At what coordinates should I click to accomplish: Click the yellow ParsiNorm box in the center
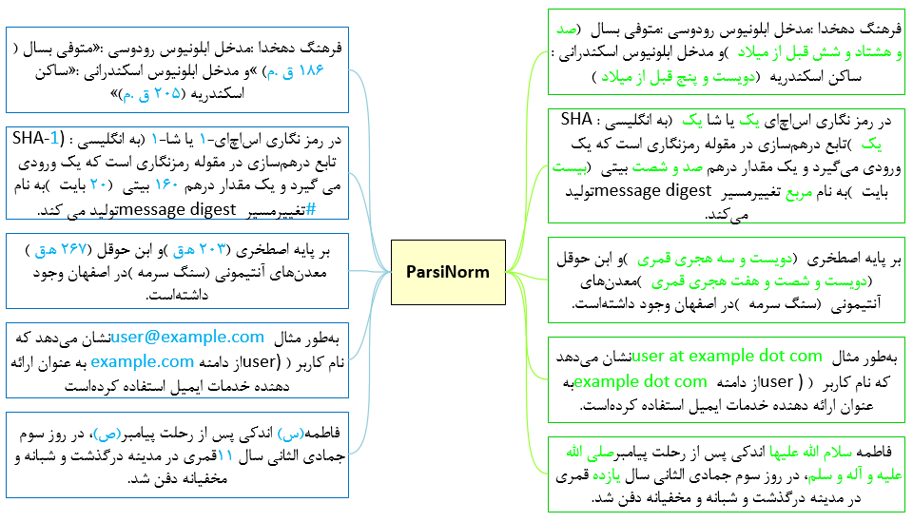click(x=448, y=272)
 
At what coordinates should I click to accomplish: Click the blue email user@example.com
click(x=187, y=337)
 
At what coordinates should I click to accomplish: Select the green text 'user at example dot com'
click(x=727, y=356)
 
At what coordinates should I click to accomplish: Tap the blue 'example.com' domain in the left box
click(x=142, y=361)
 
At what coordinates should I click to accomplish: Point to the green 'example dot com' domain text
click(x=640, y=381)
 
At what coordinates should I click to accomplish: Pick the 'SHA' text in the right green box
click(x=576, y=119)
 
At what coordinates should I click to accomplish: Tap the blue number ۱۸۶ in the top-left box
click(x=311, y=70)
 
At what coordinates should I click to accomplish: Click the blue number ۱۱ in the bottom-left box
click(x=225, y=455)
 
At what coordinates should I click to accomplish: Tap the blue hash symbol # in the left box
click(x=311, y=209)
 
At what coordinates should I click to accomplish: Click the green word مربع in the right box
click(x=799, y=192)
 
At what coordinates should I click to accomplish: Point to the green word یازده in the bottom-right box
click(x=607, y=475)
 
